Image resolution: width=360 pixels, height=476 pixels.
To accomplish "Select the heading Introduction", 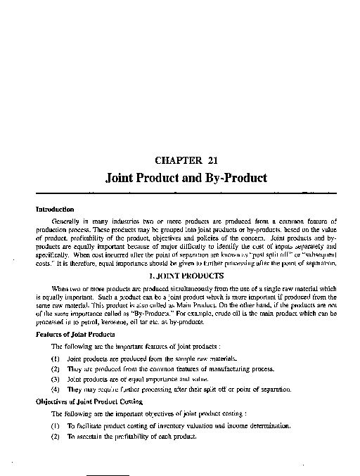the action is click(x=56, y=209).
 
